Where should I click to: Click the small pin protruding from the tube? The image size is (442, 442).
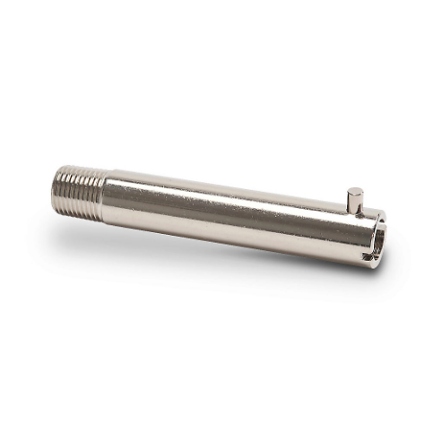click(x=355, y=200)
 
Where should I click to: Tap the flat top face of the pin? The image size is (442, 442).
click(x=355, y=190)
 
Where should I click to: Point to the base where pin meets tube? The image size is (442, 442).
click(x=355, y=212)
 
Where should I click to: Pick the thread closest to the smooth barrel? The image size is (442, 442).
click(x=98, y=192)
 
